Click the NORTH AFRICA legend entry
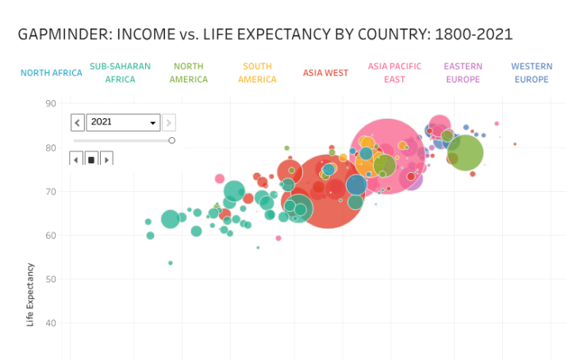tap(52, 73)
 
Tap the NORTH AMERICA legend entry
tap(188, 73)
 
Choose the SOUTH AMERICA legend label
tap(257, 73)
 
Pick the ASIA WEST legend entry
tap(325, 73)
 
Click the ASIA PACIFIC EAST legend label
tap(394, 73)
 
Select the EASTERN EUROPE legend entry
tap(463, 73)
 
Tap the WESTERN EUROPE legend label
tap(531, 73)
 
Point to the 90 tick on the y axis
tap(50, 103)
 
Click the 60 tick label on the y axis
tap(50, 236)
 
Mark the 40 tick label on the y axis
tap(50, 324)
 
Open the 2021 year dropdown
tap(124, 122)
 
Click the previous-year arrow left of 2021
tap(78, 122)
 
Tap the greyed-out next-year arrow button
tap(169, 122)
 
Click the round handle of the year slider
tap(171, 140)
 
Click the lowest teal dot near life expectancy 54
tap(171, 262)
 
